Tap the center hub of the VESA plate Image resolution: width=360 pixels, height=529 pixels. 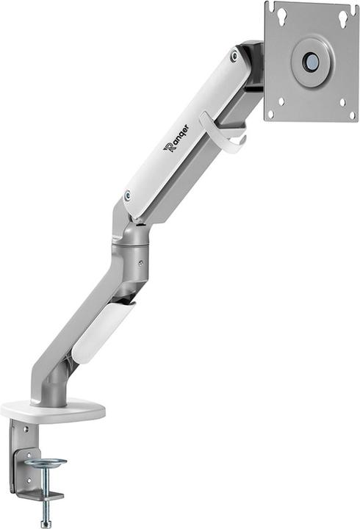(311, 62)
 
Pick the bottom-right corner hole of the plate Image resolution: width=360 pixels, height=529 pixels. (351, 114)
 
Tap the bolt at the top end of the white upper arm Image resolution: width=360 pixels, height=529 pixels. (234, 57)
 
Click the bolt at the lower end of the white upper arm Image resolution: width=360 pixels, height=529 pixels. (128, 196)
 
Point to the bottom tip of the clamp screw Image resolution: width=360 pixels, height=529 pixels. (46, 523)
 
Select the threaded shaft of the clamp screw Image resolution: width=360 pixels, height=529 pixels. (46, 489)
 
